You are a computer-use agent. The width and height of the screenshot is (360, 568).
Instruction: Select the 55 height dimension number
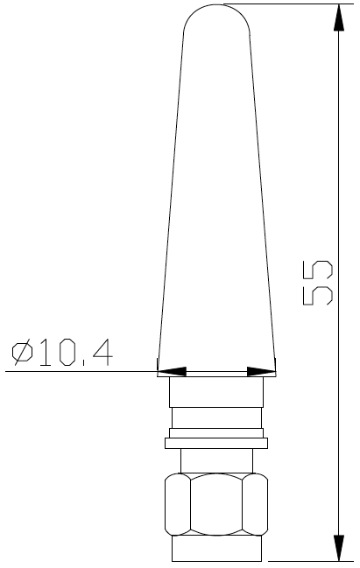(317, 283)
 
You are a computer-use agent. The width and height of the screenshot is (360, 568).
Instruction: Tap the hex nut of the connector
(216, 505)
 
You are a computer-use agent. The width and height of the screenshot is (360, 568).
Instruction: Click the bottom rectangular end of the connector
(216, 549)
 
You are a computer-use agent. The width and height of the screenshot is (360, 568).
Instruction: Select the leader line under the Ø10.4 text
(79, 372)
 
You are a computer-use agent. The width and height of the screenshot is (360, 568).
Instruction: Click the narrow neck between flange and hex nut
(216, 460)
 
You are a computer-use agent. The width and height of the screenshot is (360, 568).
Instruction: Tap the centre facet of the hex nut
(216, 505)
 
